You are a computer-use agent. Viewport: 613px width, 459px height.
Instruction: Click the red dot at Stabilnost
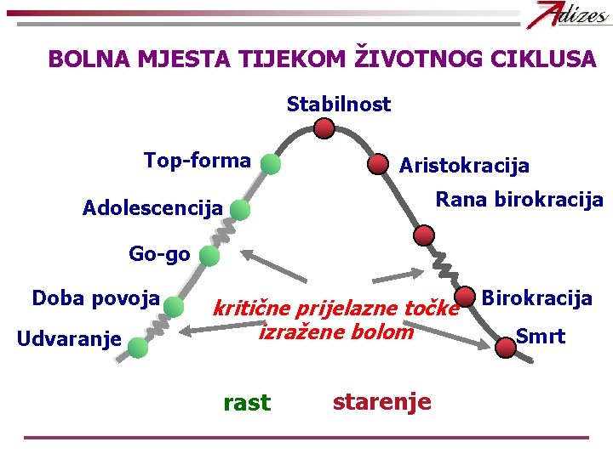click(324, 128)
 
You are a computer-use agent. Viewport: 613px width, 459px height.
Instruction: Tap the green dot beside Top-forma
click(271, 165)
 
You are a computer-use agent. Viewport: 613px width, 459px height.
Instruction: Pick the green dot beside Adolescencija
click(240, 210)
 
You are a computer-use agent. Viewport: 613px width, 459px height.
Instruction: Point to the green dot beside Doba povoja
click(175, 306)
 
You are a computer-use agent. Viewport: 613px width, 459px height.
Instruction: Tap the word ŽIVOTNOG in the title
click(414, 59)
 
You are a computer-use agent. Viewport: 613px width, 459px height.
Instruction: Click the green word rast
click(246, 402)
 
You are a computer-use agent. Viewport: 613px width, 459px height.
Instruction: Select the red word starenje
click(381, 400)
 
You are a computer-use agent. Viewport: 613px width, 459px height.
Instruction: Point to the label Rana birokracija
click(519, 200)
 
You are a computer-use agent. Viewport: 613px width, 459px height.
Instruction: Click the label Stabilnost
click(339, 105)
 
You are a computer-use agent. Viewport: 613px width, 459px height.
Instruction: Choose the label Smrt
click(541, 336)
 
